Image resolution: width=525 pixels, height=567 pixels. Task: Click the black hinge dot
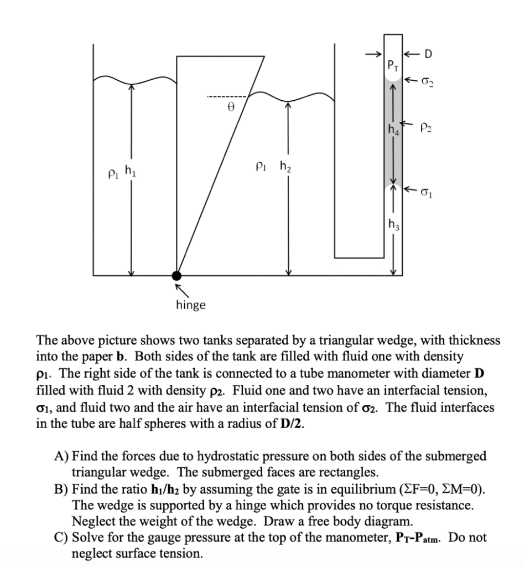point(176,275)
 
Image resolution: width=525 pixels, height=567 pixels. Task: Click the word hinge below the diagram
point(190,305)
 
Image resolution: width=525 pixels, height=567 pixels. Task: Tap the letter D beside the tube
point(428,54)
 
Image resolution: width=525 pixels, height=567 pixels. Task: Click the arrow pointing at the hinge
point(181,289)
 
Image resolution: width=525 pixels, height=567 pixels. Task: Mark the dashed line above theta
point(230,97)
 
